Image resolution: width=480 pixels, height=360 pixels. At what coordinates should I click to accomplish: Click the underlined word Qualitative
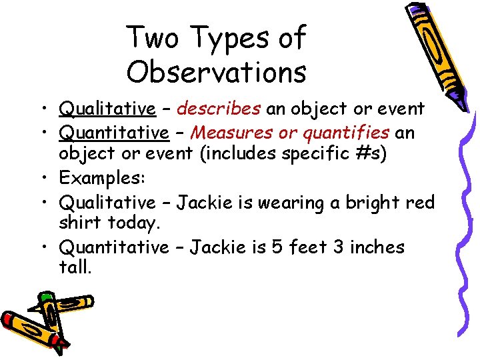pyautogui.click(x=107, y=108)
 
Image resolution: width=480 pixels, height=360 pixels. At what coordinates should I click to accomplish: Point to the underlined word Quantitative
pyautogui.click(x=114, y=133)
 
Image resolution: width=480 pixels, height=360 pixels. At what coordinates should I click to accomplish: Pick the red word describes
pyautogui.click(x=219, y=108)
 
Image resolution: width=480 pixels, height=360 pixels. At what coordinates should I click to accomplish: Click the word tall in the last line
pyautogui.click(x=75, y=269)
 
